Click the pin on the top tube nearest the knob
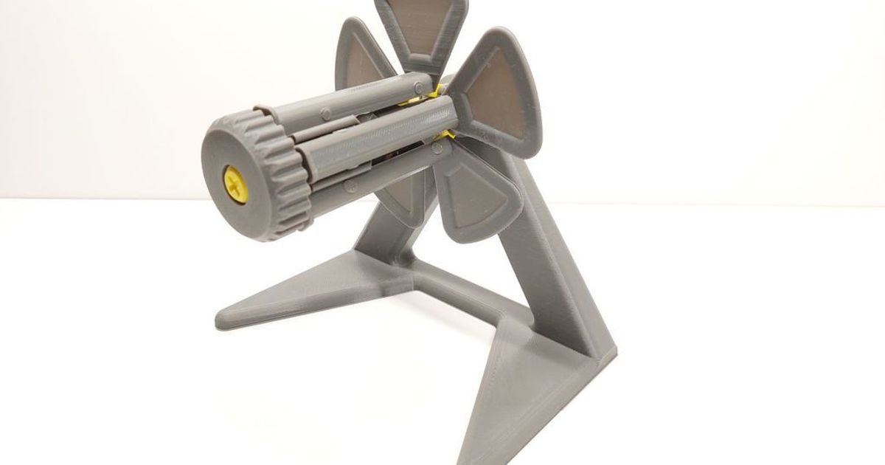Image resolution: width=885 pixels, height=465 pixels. (x=325, y=114)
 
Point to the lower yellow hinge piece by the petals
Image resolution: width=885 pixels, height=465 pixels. (x=448, y=135)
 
